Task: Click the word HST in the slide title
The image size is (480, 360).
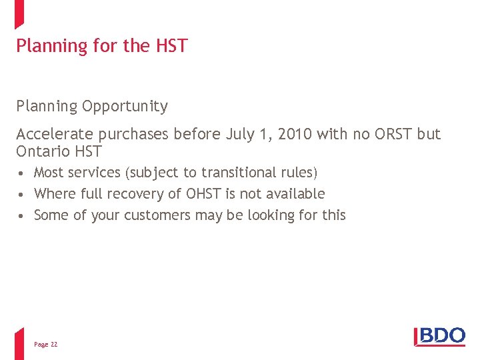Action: [172, 46]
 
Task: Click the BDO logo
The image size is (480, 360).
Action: [440, 337]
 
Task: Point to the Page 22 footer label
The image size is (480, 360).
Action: [45, 345]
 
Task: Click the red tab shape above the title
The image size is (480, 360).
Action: [19, 13]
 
